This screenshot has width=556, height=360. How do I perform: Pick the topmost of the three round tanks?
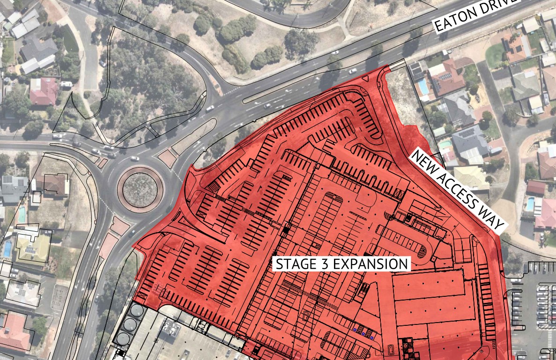136,310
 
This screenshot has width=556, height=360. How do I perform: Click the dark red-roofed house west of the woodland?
43,91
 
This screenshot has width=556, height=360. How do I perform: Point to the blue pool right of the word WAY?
530,204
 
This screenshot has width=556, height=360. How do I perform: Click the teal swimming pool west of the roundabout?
22,215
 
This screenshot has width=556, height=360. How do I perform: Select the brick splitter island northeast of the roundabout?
167,158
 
